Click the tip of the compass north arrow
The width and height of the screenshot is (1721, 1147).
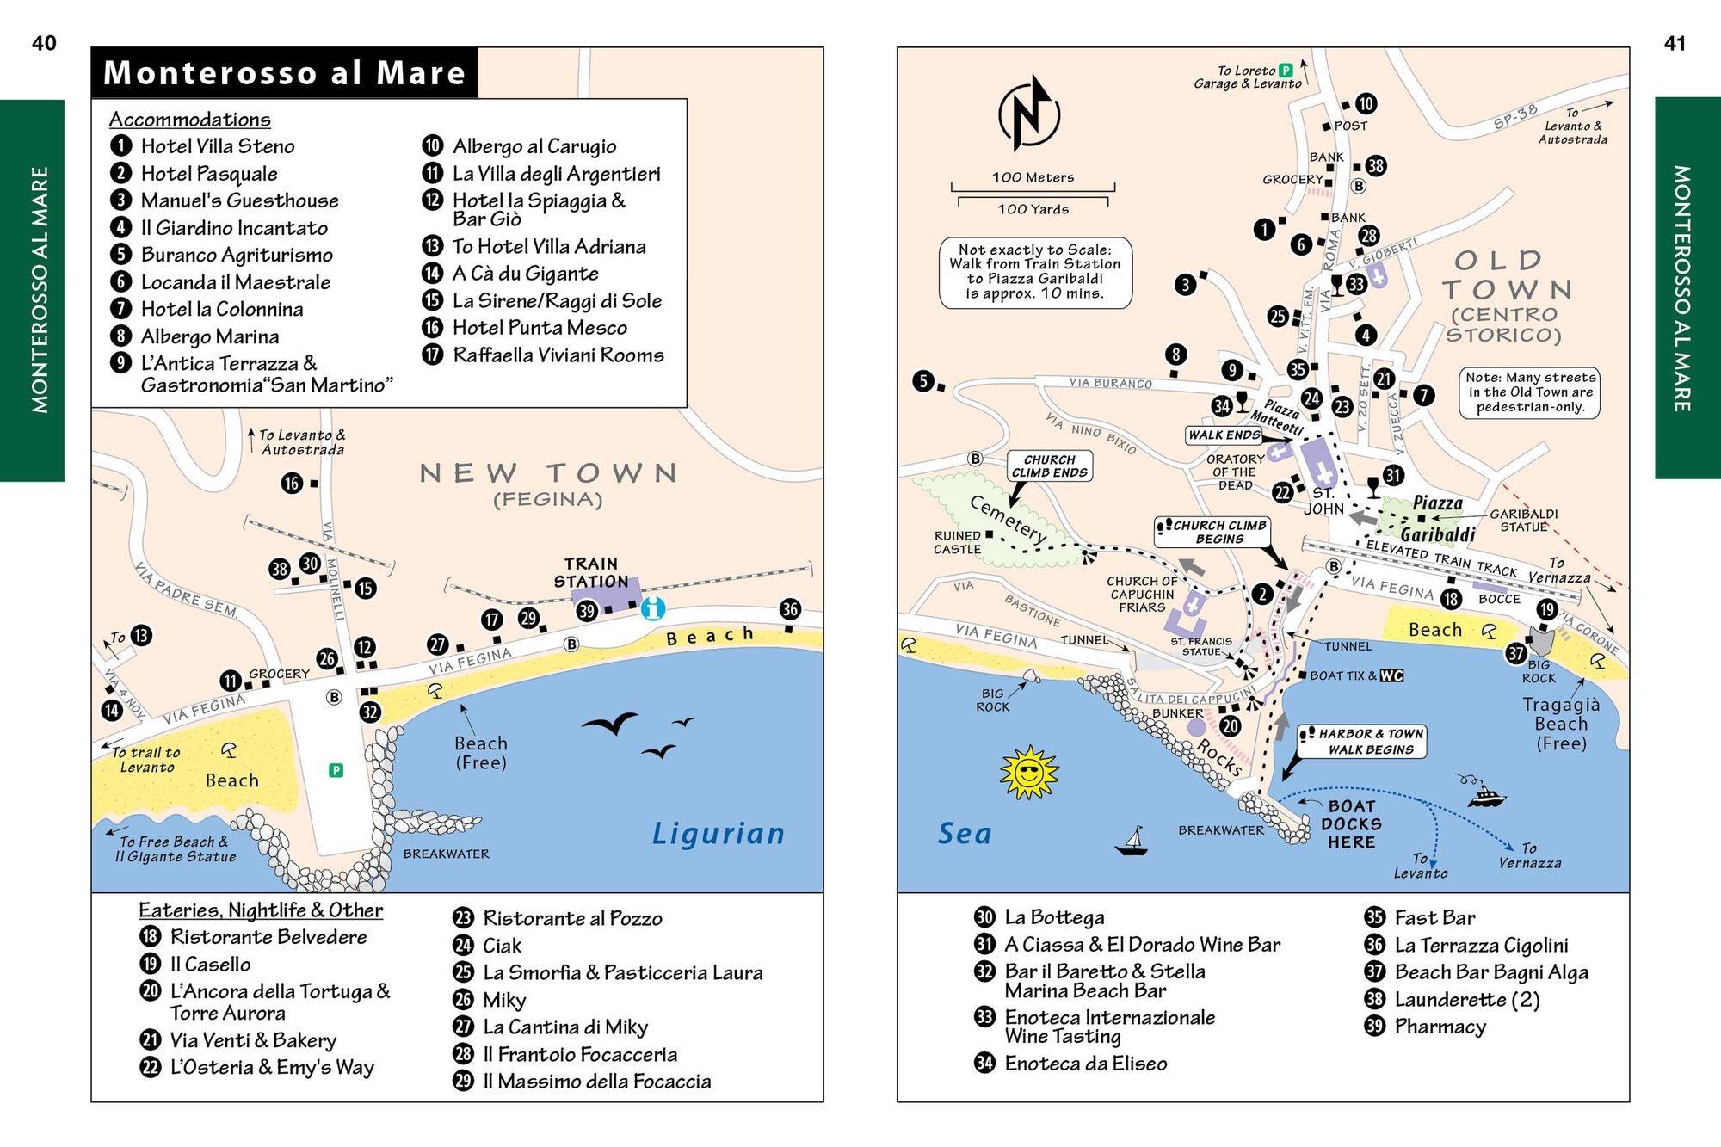coord(1039,76)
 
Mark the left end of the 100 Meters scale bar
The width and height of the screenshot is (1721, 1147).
coord(952,188)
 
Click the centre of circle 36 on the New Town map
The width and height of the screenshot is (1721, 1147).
coord(790,609)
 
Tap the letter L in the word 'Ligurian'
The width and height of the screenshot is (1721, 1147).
coord(661,833)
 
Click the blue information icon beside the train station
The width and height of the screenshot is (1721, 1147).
coord(653,608)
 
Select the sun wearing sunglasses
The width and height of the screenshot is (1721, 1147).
coord(1029,772)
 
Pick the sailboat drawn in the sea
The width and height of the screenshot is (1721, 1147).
coord(1132,841)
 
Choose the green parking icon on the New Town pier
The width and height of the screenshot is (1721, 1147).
coord(336,770)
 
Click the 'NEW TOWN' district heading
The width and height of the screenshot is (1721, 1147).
coord(549,472)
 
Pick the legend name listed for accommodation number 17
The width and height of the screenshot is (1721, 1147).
coord(558,355)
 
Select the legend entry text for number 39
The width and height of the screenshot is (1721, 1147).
coord(1440,1027)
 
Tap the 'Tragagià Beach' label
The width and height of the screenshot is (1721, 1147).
coord(1561,724)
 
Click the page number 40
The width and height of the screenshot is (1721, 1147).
coord(44,43)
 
